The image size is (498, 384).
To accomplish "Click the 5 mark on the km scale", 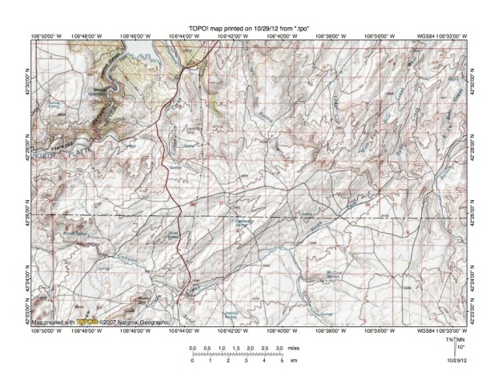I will coord(283,362).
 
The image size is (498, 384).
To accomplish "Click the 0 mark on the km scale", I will coord(192,362).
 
